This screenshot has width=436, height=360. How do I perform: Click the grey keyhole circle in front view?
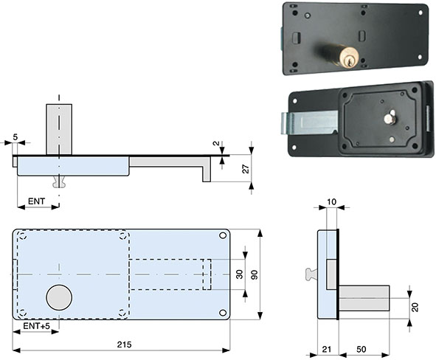click(59, 298)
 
